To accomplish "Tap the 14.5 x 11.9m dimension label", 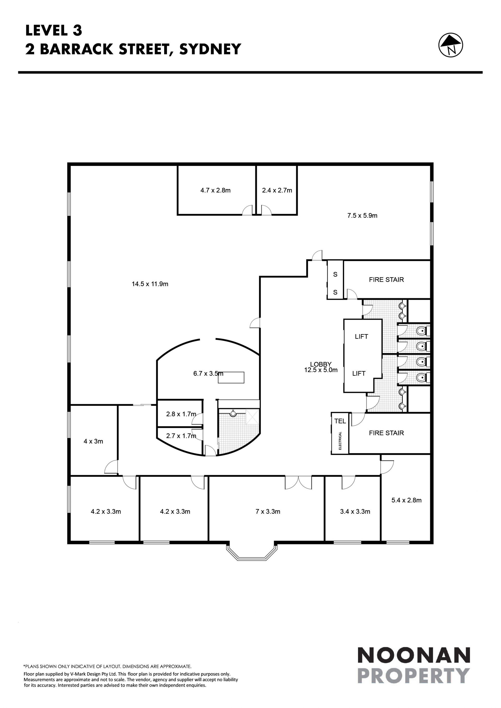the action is point(150,284).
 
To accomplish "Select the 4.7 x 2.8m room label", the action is point(215,190).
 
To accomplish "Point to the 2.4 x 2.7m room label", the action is point(277,190).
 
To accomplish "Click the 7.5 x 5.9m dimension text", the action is point(362,216).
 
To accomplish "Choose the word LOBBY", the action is point(321,365).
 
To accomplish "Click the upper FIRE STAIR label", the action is point(386,280).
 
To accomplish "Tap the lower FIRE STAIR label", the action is point(386,433).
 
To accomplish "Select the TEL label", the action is point(340,421).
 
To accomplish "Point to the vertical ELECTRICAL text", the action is point(340,441).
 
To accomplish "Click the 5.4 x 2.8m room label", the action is point(406,500).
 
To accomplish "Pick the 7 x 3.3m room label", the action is point(267,512).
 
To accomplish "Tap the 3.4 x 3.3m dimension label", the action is point(355,512).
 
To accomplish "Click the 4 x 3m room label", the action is point(93,441).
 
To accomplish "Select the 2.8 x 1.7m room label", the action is point(181,414).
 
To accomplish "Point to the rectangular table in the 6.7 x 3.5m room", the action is point(231,377).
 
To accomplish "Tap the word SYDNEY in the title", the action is point(210,49).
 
